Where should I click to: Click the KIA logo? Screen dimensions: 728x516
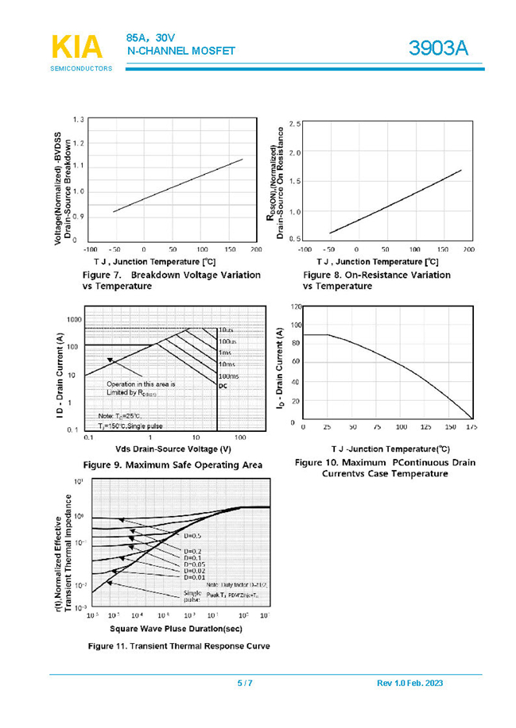pyautogui.click(x=77, y=48)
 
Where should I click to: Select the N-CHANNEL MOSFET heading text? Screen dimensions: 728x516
pyautogui.click(x=181, y=52)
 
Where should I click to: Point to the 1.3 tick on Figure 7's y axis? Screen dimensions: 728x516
pyautogui.click(x=78, y=119)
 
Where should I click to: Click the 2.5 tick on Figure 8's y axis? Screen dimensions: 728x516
pyautogui.click(x=294, y=125)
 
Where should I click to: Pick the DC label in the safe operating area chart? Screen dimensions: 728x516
pyautogui.click(x=223, y=386)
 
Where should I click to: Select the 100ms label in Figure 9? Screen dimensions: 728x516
pyautogui.click(x=228, y=376)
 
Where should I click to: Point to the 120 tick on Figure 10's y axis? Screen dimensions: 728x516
pyautogui.click(x=296, y=306)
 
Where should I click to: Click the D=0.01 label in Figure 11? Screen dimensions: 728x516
pyautogui.click(x=194, y=576)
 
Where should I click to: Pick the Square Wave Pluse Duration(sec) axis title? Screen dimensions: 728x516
pyautogui.click(x=176, y=628)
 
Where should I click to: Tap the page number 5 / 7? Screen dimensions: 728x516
pyautogui.click(x=245, y=684)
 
